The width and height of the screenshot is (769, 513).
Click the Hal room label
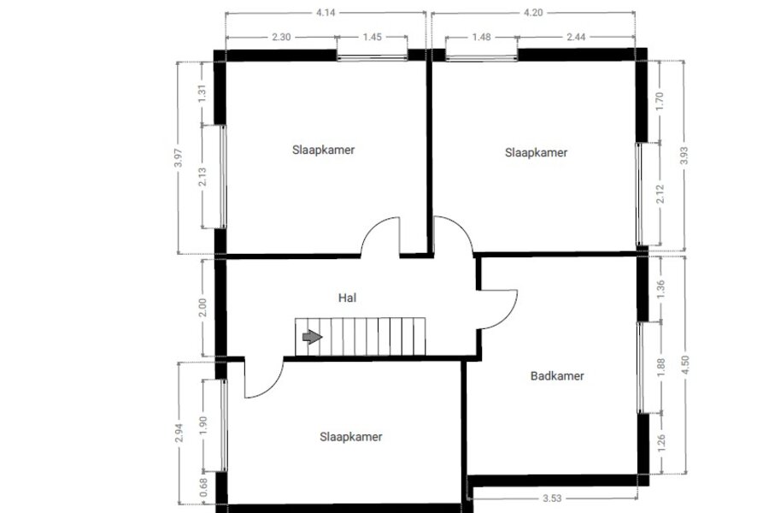(x=347, y=298)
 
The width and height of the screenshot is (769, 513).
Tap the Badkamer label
(x=557, y=376)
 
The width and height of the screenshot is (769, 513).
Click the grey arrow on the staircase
(x=313, y=337)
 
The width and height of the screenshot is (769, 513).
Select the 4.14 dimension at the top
(x=326, y=13)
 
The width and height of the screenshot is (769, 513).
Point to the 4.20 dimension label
(x=533, y=13)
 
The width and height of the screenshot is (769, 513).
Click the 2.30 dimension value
(x=281, y=37)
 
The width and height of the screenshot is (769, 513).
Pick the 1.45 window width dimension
(x=373, y=37)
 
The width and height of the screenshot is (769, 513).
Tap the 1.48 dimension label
(x=481, y=37)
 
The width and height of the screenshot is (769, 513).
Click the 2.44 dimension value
(x=576, y=37)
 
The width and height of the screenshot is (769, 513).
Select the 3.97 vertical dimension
(x=179, y=158)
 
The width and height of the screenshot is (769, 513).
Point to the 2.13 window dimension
(x=202, y=177)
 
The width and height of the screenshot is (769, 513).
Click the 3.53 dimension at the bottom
(x=552, y=498)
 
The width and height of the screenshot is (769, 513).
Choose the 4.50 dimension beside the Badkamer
(x=685, y=365)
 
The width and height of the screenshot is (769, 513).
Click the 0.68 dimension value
(x=203, y=487)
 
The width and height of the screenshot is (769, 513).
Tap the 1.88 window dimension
(x=660, y=367)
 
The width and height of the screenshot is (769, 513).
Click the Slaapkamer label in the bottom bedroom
(x=350, y=437)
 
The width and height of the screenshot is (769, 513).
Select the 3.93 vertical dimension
(x=684, y=156)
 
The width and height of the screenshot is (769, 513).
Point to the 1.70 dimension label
(x=659, y=101)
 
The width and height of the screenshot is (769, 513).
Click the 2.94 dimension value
(x=179, y=433)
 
